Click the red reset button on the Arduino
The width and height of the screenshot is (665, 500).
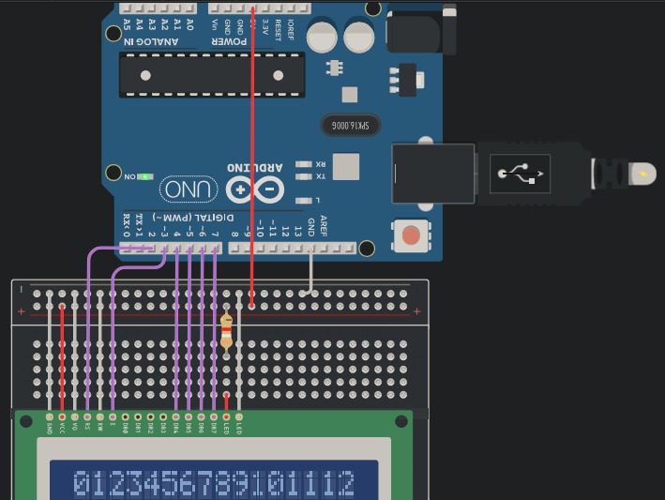(410, 235)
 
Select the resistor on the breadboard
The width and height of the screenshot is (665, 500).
(226, 331)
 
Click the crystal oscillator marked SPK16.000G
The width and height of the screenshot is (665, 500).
(352, 125)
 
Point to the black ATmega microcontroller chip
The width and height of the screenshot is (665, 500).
(211, 75)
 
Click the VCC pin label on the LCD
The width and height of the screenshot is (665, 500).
(63, 427)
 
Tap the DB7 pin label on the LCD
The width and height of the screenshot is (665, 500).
(214, 427)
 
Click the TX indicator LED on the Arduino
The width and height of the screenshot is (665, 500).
(304, 176)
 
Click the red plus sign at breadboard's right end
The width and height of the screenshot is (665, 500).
(416, 312)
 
